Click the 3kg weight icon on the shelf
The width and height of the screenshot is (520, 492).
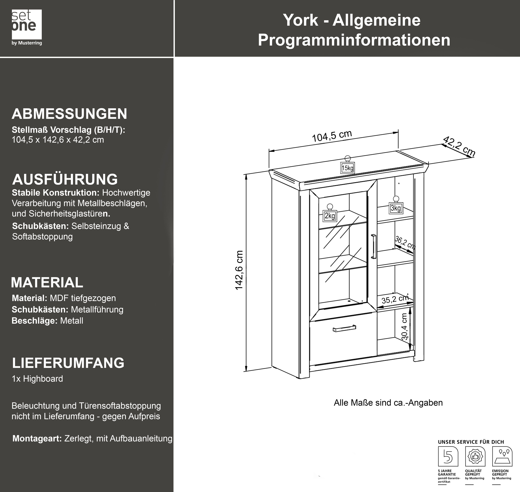pyautogui.click(x=396, y=206)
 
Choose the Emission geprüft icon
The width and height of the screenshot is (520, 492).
pyautogui.click(x=502, y=456)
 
